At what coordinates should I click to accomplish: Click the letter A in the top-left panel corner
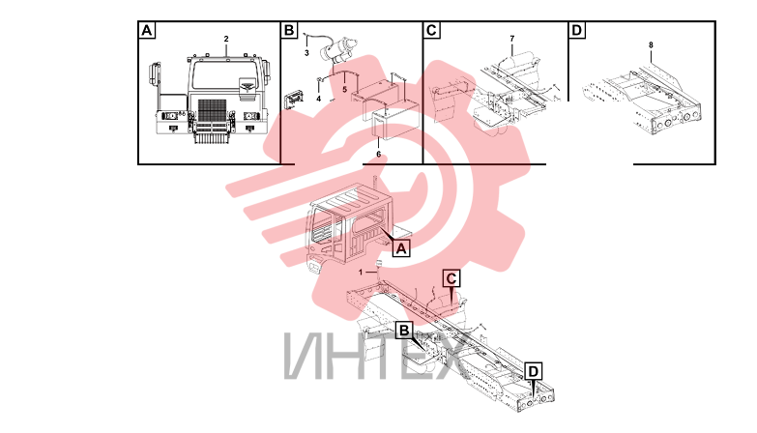point(146,30)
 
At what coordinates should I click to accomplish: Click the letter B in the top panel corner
point(289,30)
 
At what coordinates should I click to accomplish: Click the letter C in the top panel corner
point(431,30)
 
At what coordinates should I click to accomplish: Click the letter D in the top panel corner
point(576,30)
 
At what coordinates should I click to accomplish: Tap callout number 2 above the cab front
point(226,39)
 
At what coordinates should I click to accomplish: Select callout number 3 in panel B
point(306,53)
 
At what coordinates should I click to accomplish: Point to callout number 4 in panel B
point(319,99)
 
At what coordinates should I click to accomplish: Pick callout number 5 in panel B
point(345,90)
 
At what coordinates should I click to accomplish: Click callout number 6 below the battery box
point(379,154)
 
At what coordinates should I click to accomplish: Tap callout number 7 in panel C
point(512,38)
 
